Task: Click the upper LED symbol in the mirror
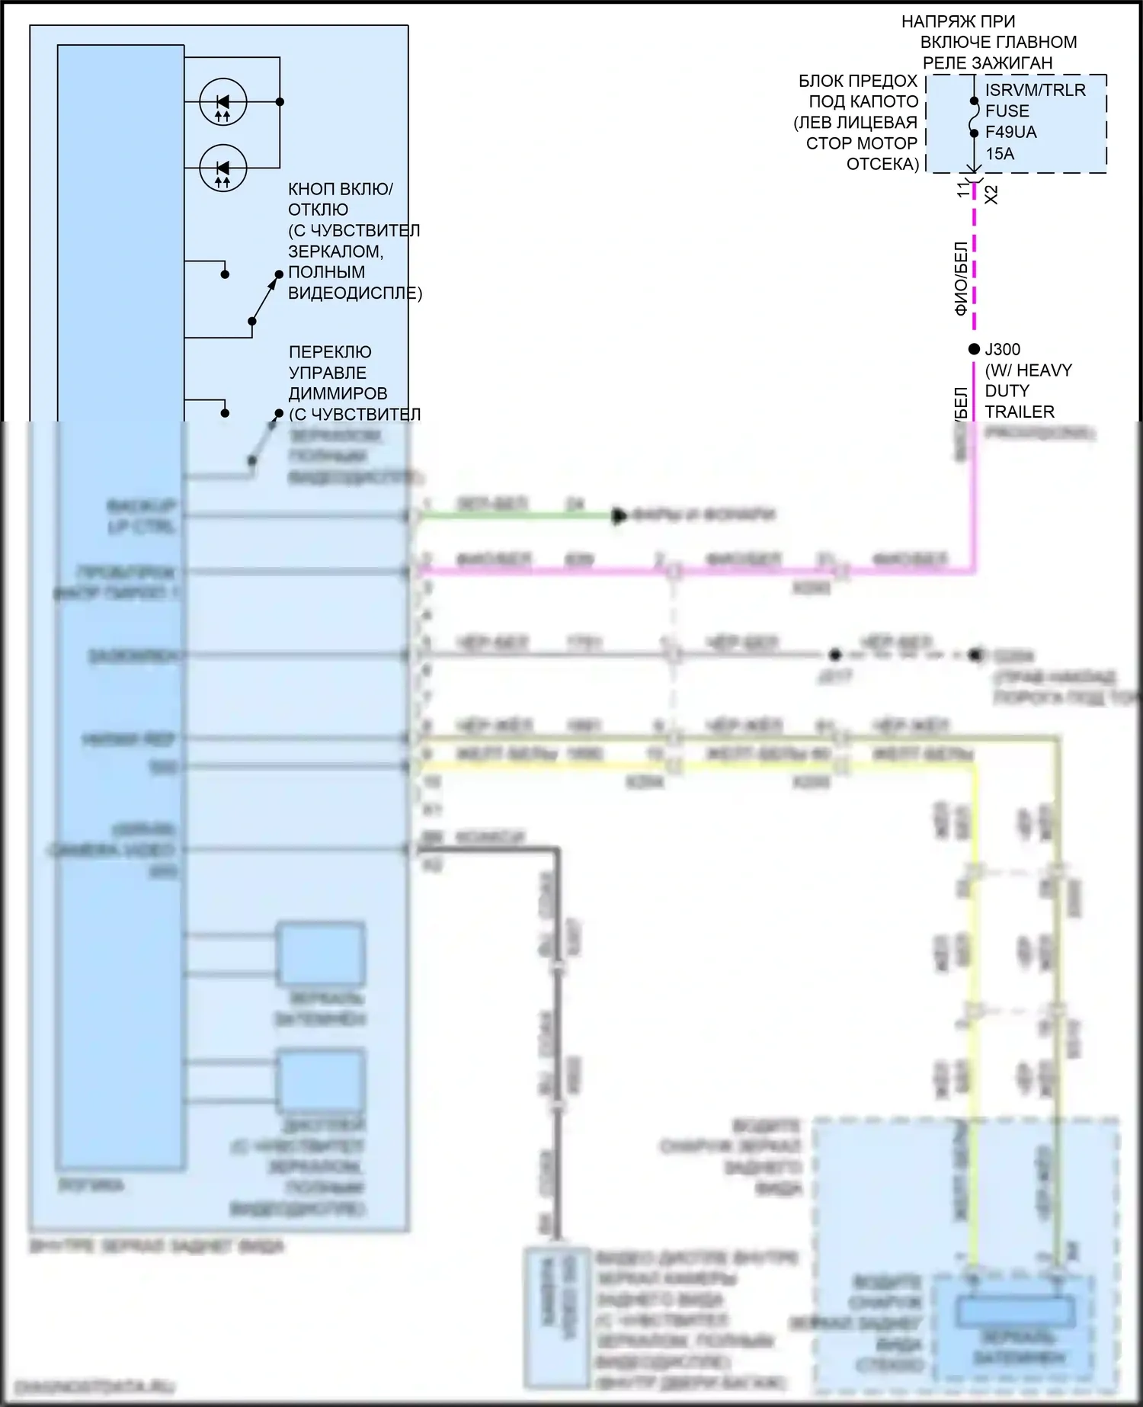click(x=223, y=102)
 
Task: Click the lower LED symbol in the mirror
click(x=223, y=168)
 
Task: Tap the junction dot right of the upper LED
click(x=280, y=101)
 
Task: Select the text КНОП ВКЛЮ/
click(x=340, y=189)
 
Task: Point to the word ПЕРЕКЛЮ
click(x=330, y=352)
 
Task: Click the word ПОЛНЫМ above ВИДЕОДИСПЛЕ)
click(x=326, y=272)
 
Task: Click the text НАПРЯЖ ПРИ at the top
click(x=958, y=21)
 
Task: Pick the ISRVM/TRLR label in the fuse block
click(x=1035, y=90)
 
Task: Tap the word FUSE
click(x=1007, y=111)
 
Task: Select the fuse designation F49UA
click(x=1010, y=132)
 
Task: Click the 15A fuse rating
click(x=1000, y=153)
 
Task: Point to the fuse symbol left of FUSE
click(x=974, y=117)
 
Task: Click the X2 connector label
click(x=991, y=194)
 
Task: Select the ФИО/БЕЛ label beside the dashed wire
click(x=961, y=278)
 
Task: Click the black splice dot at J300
click(x=974, y=349)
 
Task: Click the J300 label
click(x=1002, y=349)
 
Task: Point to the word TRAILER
click(x=1020, y=412)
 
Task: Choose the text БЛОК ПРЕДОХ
click(x=857, y=81)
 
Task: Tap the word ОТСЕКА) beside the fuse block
click(x=882, y=164)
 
